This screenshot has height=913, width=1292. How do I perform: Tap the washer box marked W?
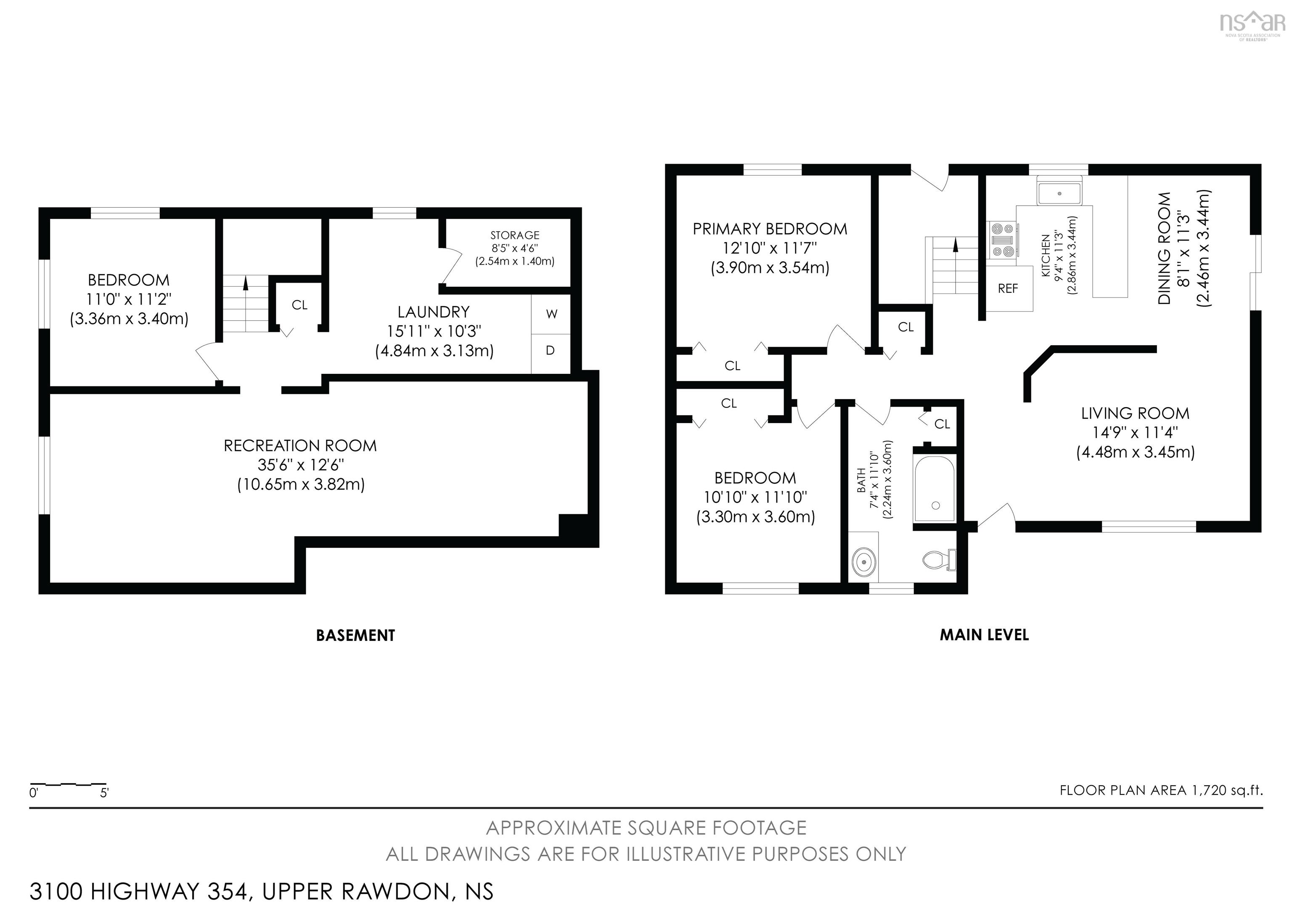551,314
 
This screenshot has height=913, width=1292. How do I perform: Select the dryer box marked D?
551,350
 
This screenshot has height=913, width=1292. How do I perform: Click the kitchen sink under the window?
1059,193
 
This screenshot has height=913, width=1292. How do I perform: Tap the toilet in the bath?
939,559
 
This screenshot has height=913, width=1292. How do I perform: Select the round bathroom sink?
863,561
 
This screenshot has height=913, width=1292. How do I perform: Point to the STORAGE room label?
514,235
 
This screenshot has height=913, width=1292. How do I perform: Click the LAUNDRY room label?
433,312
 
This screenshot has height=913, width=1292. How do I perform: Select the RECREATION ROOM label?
300,445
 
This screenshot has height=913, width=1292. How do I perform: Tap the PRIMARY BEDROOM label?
769,229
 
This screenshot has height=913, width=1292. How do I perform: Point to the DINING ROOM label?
1164,248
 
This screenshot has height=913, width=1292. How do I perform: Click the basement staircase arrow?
245,283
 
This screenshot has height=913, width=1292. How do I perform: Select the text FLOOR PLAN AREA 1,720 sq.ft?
1161,790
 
